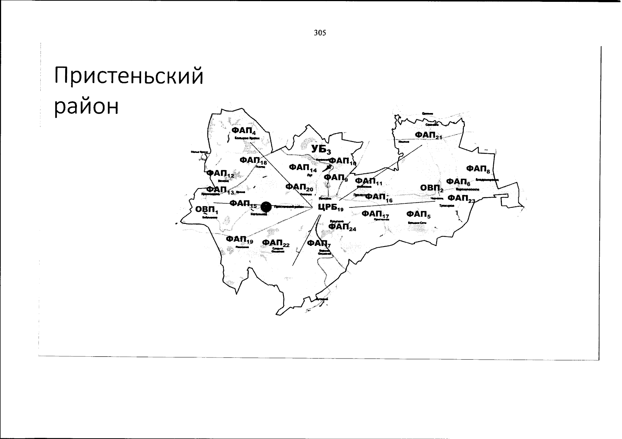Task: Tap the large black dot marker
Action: pyautogui.click(x=266, y=207)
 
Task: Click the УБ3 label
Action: pyautogui.click(x=321, y=149)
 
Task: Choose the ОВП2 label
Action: pyautogui.click(x=432, y=188)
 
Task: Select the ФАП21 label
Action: pyautogui.click(x=429, y=136)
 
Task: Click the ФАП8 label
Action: pyautogui.click(x=478, y=169)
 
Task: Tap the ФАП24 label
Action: pyautogui.click(x=342, y=227)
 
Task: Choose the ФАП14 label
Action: pyautogui.click(x=303, y=168)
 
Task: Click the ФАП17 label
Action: pyautogui.click(x=375, y=214)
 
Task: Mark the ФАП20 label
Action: pyautogui.click(x=299, y=187)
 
